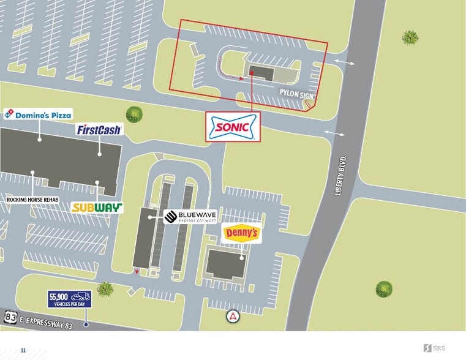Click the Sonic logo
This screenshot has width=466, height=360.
(232, 127)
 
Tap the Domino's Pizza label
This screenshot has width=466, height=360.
(38, 114)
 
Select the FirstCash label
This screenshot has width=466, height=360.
(99, 129)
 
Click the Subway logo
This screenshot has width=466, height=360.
(97, 207)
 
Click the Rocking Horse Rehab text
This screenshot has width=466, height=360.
(32, 200)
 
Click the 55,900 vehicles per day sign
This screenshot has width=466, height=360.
(69, 299)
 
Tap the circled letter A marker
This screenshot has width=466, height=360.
(233, 316)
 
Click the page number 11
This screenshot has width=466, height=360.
(23, 350)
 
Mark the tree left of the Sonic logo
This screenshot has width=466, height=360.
(133, 114)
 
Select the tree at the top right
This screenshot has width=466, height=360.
(410, 37)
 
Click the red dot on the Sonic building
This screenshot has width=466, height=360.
(252, 72)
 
